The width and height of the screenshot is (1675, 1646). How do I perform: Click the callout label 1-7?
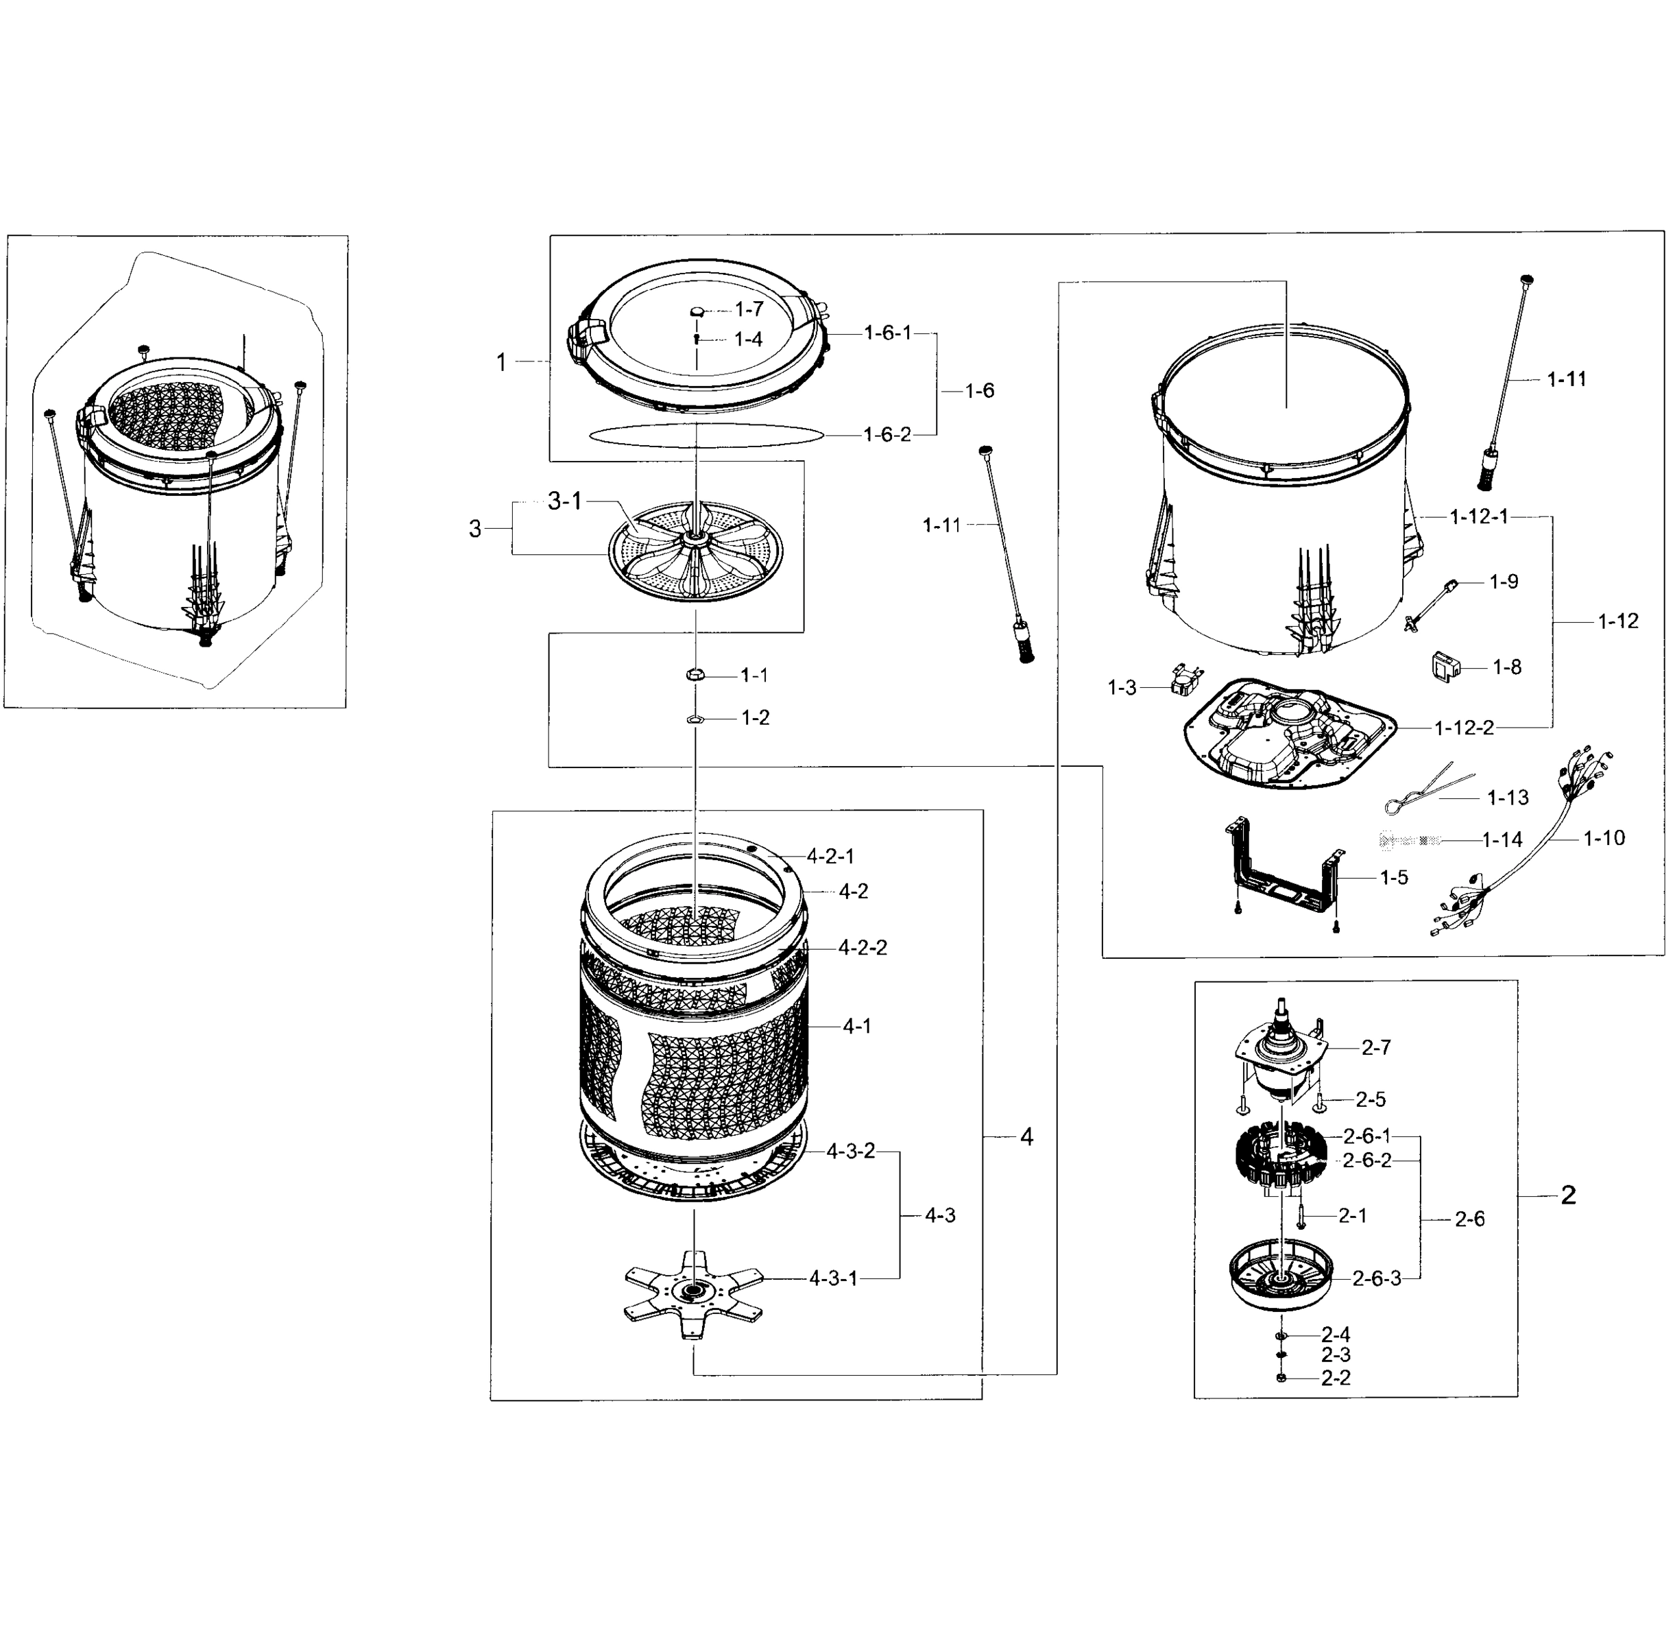click(749, 309)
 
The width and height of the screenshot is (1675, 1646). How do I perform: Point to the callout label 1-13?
click(1507, 797)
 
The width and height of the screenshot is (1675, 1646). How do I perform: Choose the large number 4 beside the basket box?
click(1026, 1137)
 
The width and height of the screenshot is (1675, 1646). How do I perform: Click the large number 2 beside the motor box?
click(1568, 1195)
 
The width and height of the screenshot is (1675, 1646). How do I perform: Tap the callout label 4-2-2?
click(862, 948)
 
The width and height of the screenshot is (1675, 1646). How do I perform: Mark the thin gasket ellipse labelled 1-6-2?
click(704, 435)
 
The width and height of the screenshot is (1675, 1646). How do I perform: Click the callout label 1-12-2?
click(1463, 728)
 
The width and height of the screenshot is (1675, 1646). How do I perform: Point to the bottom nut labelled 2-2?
click(1281, 1378)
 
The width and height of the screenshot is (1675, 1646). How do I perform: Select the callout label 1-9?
click(1503, 582)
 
